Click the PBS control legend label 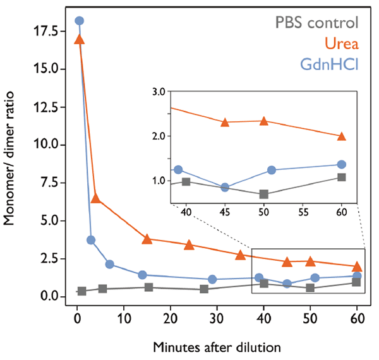click(316, 23)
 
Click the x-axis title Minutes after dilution click(217, 346)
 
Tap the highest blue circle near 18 click(79, 20)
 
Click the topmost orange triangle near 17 click(79, 39)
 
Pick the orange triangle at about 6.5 click(95, 198)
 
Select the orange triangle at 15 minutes click(147, 239)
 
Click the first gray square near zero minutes click(81, 291)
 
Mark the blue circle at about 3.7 click(91, 240)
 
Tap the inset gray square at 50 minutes click(264, 194)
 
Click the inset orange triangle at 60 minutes click(342, 136)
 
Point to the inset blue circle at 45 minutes click(225, 188)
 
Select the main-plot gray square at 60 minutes click(356, 282)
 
